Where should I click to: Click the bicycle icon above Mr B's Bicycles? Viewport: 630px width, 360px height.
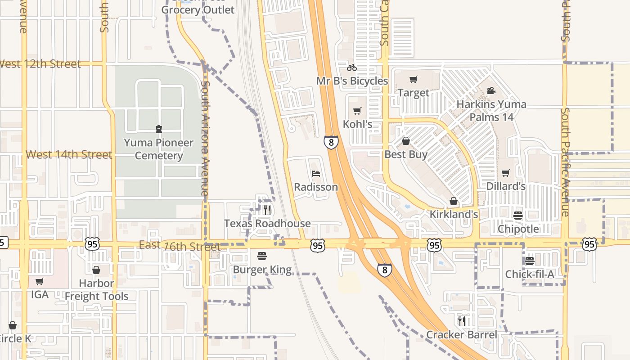coord(352,68)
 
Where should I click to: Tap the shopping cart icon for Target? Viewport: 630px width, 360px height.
coord(413,80)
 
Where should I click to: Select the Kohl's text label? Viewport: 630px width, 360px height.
coord(358,124)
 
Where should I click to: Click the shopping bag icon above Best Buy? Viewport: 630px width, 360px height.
coord(406,141)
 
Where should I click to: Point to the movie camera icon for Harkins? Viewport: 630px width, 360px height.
coord(491,91)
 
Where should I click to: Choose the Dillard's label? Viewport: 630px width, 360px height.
coord(506,186)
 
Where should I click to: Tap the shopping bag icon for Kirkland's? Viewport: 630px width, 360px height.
coord(454,201)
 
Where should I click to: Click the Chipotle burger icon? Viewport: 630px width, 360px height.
coord(518,216)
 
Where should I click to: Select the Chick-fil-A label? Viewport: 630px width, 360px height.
coord(530,274)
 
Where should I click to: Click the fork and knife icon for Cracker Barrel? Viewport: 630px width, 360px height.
coord(462,321)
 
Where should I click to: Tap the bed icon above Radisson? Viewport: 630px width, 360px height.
coord(316,174)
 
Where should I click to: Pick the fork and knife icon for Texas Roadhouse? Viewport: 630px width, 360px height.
coord(267,210)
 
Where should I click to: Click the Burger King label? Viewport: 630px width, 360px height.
coord(262,270)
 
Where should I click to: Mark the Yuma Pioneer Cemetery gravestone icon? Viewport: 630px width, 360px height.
coord(158,130)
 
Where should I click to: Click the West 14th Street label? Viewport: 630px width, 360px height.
coord(69,155)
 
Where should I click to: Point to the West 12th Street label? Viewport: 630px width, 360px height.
coord(40,64)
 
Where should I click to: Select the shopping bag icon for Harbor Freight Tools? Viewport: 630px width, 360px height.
coord(96,270)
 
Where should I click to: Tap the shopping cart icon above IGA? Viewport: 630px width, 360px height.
coord(40,282)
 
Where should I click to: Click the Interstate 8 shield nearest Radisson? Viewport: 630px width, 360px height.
coord(331,143)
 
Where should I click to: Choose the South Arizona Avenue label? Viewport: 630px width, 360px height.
coord(205,138)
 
